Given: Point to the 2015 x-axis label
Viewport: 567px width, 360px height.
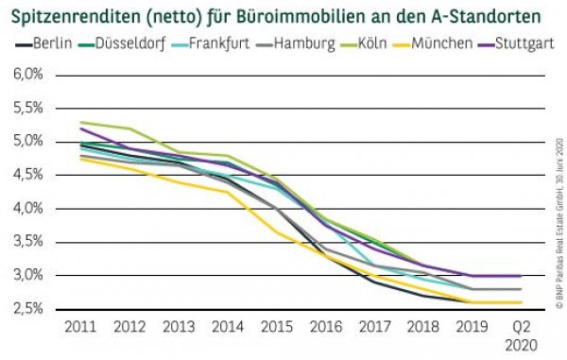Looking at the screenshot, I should pyautogui.click(x=275, y=326).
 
